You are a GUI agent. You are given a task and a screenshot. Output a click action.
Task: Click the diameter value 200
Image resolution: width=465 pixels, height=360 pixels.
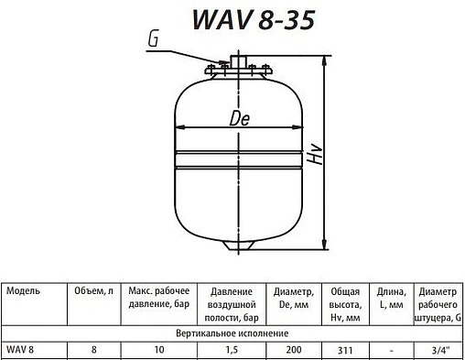coord(292,349)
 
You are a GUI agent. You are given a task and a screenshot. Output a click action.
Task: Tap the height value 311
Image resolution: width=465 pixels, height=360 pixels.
coord(343,349)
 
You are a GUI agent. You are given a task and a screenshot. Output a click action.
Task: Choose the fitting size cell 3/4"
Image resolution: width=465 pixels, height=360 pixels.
coord(438,349)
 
